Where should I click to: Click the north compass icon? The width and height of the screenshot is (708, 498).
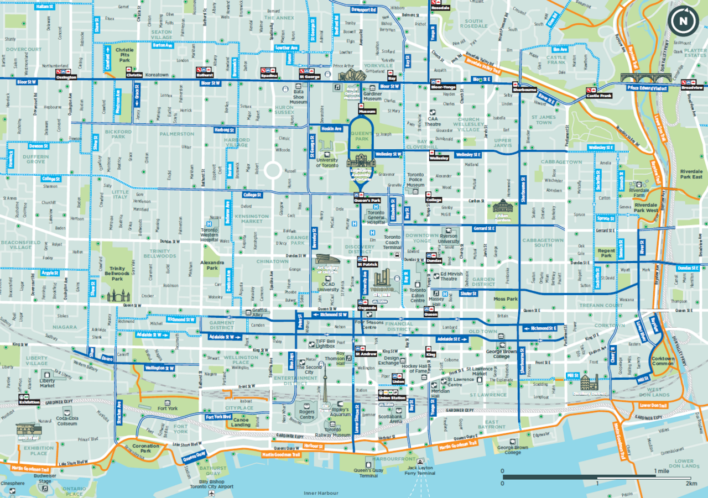[683, 21]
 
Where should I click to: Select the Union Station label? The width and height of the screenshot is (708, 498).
[392, 398]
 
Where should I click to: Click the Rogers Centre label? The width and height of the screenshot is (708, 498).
[306, 414]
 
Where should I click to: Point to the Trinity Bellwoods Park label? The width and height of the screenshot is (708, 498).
[117, 273]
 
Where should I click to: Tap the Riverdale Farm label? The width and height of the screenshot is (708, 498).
[639, 192]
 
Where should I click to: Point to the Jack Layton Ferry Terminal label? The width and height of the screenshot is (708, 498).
[420, 470]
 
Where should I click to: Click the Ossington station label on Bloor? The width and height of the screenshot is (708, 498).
[66, 77]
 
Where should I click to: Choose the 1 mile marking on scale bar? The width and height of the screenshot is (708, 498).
[662, 471]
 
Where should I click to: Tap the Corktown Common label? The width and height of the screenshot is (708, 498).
[663, 360]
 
